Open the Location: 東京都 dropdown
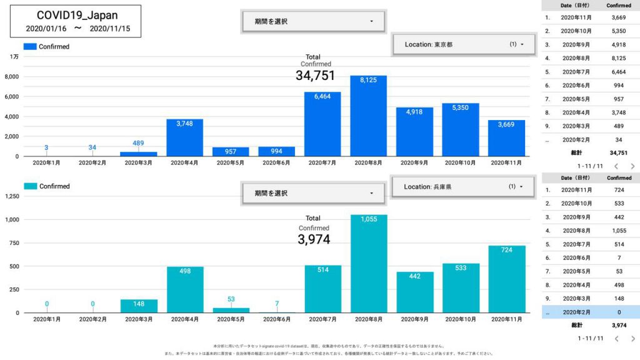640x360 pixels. pyautogui.click(x=462, y=44)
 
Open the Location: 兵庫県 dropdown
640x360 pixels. pyautogui.click(x=462, y=186)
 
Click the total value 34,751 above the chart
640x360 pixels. pyautogui.click(x=315, y=76)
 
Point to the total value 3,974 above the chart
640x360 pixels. pyautogui.click(x=314, y=239)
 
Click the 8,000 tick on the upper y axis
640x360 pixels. pyautogui.click(x=11, y=77)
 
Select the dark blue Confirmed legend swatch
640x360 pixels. pyautogui.click(x=30, y=46)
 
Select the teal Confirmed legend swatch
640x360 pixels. pyautogui.click(x=31, y=186)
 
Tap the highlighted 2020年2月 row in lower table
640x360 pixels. pyautogui.click(x=591, y=312)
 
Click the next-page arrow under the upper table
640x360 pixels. pyautogui.click(x=632, y=166)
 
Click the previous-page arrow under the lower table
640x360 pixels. pyautogui.click(x=616, y=339)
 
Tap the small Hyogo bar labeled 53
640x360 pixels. pyautogui.click(x=231, y=310)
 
